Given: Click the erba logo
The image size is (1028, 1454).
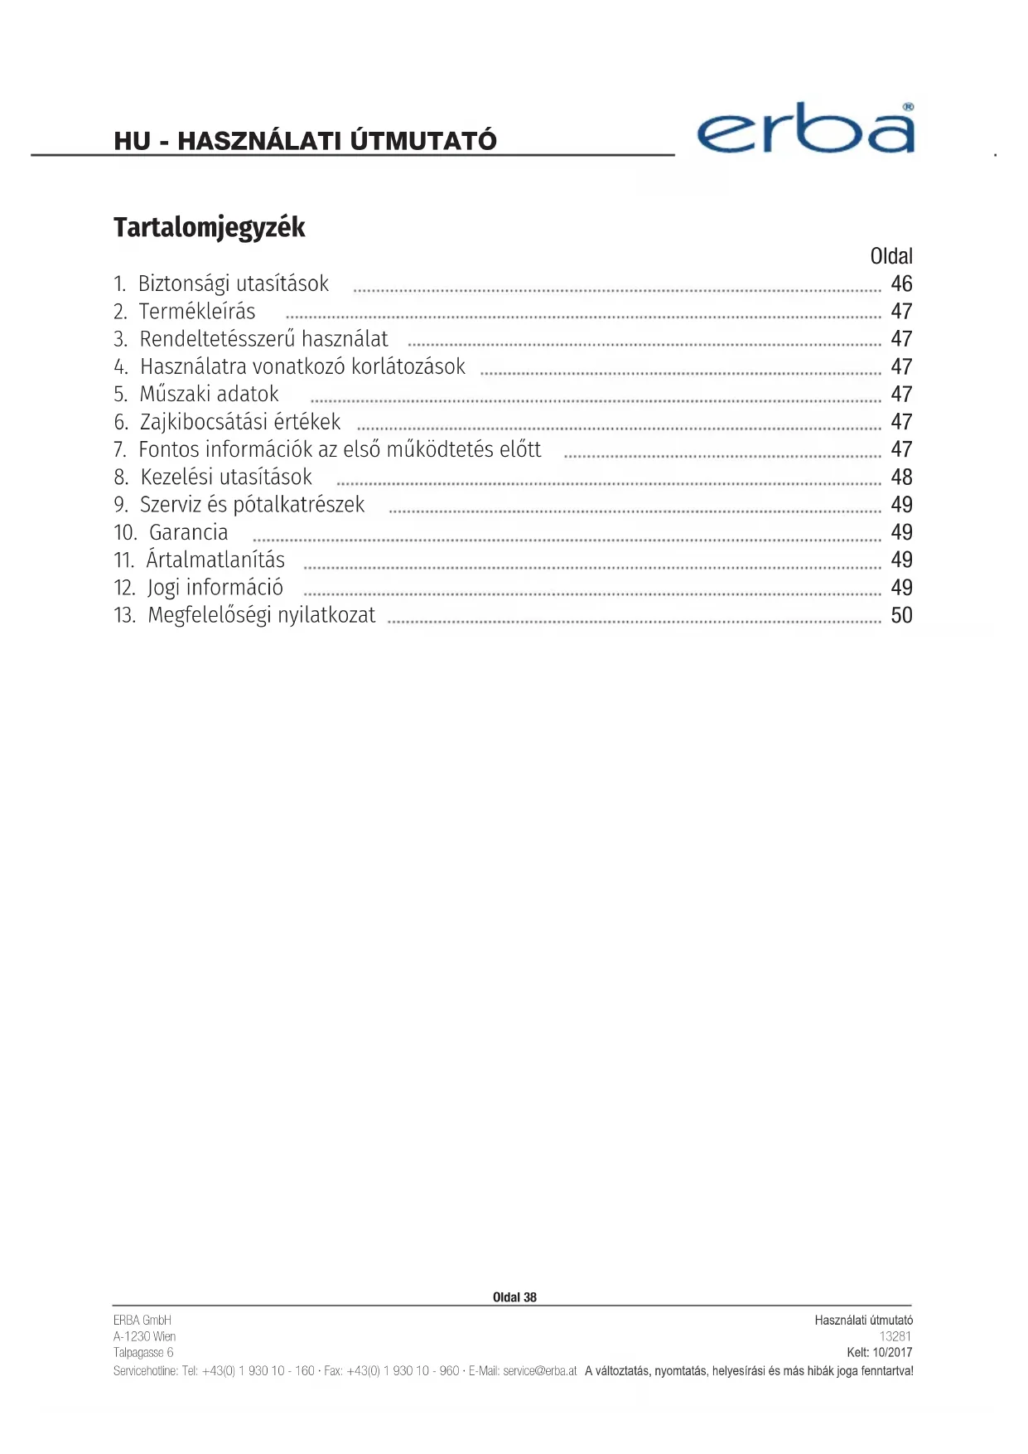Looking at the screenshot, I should point(805,130).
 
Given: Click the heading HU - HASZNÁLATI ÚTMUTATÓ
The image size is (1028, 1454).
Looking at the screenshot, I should point(305,141).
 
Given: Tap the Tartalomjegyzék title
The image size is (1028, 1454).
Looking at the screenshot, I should point(209,227).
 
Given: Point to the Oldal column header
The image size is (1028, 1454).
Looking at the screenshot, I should point(890,256).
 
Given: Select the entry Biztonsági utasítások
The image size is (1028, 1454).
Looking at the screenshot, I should point(233,284).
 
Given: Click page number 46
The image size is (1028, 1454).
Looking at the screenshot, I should point(900,284).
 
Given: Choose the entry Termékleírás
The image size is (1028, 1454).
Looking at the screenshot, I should point(197,312).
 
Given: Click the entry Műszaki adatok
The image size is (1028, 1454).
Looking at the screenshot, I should point(209,395).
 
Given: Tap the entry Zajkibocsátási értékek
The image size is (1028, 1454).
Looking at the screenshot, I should point(239,422).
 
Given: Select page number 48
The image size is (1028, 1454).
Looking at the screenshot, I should point(900,477).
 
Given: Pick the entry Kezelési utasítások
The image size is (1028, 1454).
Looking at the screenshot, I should point(225,477).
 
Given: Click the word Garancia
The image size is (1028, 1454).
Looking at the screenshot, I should point(188,532).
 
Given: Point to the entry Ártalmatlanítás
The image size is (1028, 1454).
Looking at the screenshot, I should point(215,560).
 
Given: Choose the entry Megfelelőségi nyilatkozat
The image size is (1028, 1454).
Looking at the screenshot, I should point(261,615).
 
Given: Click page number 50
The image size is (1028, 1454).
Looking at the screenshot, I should point(900,615).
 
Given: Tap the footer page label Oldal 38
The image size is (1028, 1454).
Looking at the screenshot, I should point(514,1297).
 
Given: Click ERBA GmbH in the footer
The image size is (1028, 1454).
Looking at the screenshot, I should point(142,1320).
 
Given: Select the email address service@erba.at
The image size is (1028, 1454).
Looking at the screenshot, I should point(539,1371).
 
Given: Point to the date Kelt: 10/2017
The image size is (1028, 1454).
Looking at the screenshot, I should point(879,1352).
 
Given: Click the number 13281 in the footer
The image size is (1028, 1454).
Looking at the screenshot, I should point(895,1336).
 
